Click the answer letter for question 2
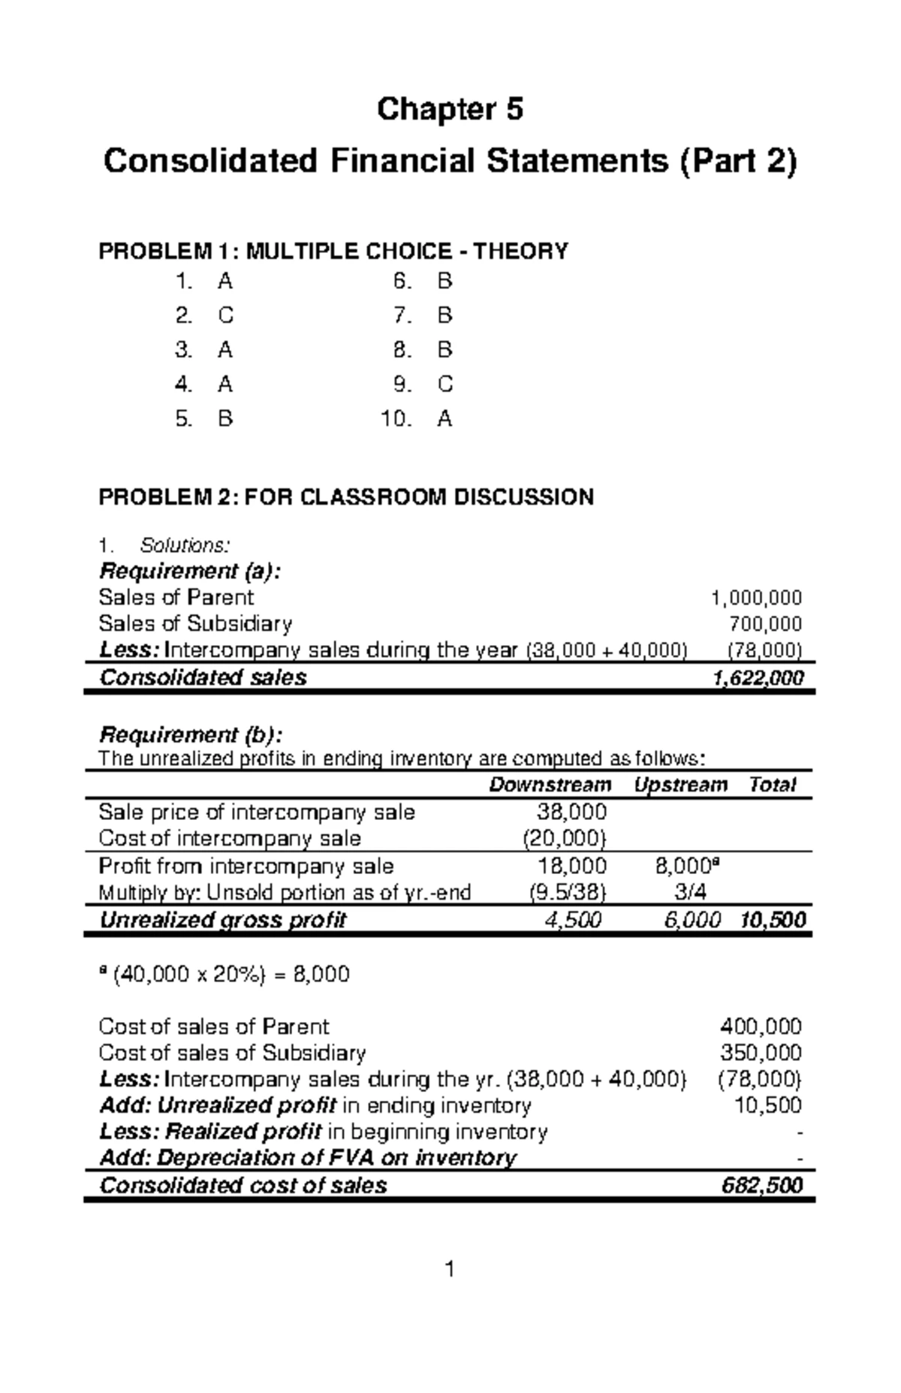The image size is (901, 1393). pyautogui.click(x=225, y=316)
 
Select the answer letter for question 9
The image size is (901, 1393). pyautogui.click(x=444, y=384)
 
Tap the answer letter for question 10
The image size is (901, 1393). pyautogui.click(x=444, y=419)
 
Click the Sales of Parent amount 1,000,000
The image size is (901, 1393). pyautogui.click(x=756, y=599)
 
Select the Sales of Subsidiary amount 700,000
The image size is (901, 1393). pyautogui.click(x=765, y=624)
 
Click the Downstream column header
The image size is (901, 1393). pyautogui.click(x=550, y=785)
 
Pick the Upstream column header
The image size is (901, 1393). pyautogui.click(x=680, y=785)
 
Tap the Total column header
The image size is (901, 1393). pyautogui.click(x=772, y=785)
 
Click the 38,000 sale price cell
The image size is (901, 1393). pyautogui.click(x=571, y=812)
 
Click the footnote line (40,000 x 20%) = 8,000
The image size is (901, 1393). pyautogui.click(x=224, y=975)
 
